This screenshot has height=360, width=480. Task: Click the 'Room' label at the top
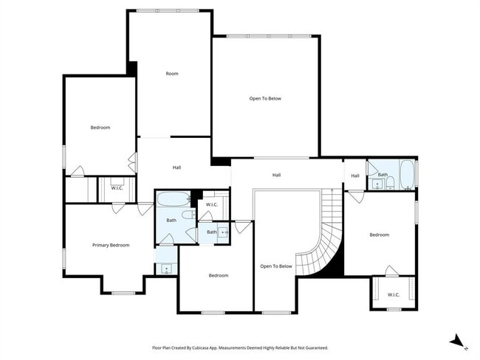[172, 74]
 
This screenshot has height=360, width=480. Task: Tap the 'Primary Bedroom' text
[111, 245]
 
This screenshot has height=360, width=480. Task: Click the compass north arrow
[459, 341]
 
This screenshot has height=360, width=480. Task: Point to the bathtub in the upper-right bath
[407, 175]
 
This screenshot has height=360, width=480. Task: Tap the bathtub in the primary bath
[174, 198]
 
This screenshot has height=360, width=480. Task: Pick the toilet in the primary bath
[188, 215]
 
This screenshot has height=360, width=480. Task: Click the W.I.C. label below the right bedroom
[394, 294]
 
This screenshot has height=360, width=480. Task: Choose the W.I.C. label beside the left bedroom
[117, 188]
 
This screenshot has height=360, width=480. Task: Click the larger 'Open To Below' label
[265, 98]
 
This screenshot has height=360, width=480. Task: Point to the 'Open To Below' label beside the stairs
[276, 266]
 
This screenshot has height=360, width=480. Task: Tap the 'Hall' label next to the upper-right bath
[355, 176]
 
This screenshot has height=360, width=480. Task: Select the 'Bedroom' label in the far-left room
[100, 128]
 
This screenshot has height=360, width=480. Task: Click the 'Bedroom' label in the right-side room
[379, 235]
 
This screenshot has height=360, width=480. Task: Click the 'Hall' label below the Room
[177, 167]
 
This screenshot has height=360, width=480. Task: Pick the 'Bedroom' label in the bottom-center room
[219, 275]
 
